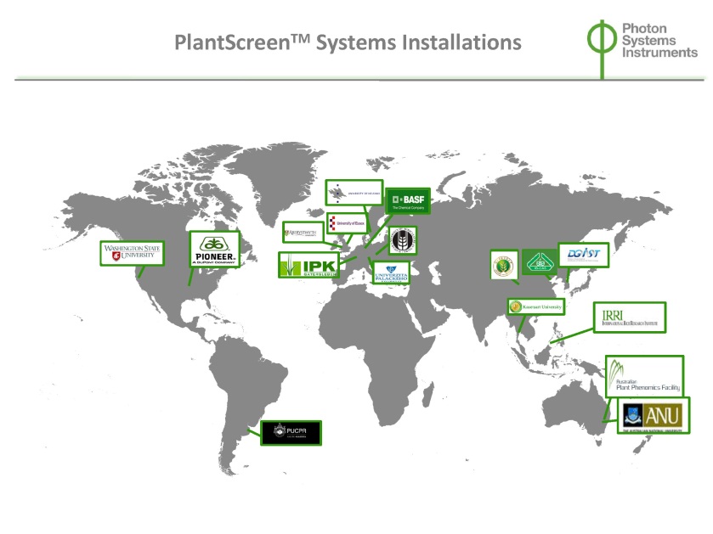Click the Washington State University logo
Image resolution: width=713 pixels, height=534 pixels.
coord(132,253)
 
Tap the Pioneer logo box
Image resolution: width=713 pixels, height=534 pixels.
coord(214,250)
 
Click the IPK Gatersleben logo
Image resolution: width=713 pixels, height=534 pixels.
coord(308,266)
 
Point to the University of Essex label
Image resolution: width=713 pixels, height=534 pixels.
coord(347,223)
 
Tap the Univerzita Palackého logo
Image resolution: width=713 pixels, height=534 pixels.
coord(391,273)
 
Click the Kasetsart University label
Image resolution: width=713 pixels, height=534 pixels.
coord(535,306)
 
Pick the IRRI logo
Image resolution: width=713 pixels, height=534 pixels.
coord(629,317)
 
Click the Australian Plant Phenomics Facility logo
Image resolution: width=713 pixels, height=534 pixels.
coord(644,374)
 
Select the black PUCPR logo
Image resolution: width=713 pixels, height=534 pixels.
coord(290,432)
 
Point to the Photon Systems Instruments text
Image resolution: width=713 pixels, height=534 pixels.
coord(659,40)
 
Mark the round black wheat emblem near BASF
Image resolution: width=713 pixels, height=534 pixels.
coord(401,241)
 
